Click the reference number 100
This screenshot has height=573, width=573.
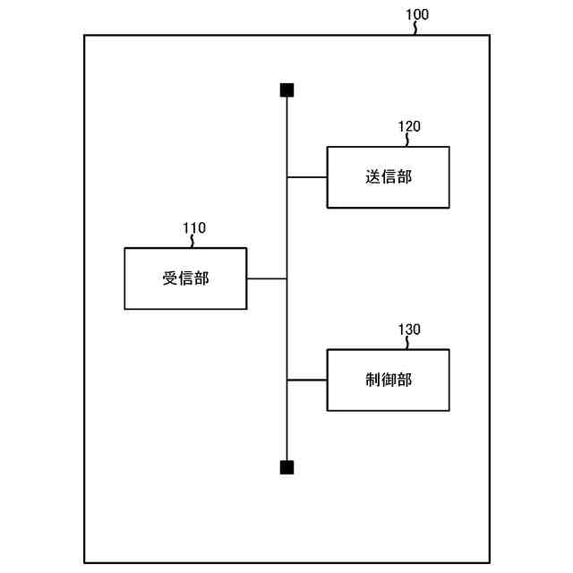pyautogui.click(x=417, y=14)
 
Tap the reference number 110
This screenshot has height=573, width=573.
pyautogui.click(x=194, y=227)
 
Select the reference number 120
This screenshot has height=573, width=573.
pyautogui.click(x=409, y=126)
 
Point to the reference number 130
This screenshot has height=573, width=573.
pyautogui.click(x=409, y=329)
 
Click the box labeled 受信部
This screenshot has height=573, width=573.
pyautogui.click(x=185, y=278)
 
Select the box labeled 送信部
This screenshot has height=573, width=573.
pyautogui.click(x=388, y=177)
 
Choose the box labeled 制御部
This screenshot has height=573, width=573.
pyautogui.click(x=388, y=380)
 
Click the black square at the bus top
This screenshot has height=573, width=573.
pyautogui.click(x=286, y=90)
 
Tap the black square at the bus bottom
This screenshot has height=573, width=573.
pyautogui.click(x=286, y=467)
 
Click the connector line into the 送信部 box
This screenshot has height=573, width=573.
pyautogui.click(x=307, y=177)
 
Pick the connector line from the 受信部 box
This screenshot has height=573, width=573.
pyautogui.click(x=267, y=278)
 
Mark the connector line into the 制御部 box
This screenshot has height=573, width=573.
pyautogui.click(x=307, y=380)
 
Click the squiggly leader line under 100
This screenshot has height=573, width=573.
pyautogui.click(x=415, y=28)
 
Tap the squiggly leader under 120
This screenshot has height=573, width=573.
pyautogui.click(x=407, y=140)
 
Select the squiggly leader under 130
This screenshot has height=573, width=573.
pyautogui.click(x=407, y=343)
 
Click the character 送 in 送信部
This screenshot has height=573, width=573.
pyautogui.click(x=373, y=177)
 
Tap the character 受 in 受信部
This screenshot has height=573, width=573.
pyautogui.click(x=170, y=278)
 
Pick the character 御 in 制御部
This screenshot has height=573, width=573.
pyautogui.click(x=389, y=380)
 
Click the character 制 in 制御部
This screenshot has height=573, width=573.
pyautogui.click(x=373, y=380)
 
